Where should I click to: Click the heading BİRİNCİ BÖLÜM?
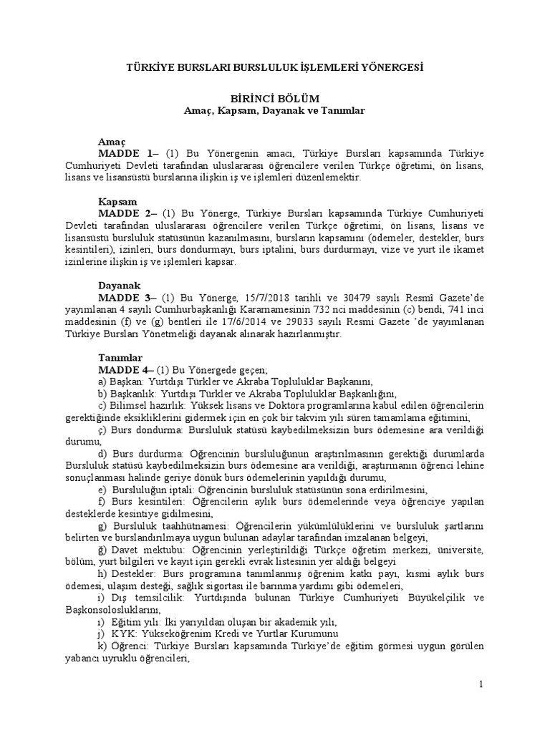point(274,98)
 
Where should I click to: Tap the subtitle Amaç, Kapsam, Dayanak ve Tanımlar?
point(274,111)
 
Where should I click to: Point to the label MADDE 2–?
point(129,213)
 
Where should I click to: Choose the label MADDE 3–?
point(129,297)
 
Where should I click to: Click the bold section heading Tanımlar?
point(120,357)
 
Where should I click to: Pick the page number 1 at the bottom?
point(482,685)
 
